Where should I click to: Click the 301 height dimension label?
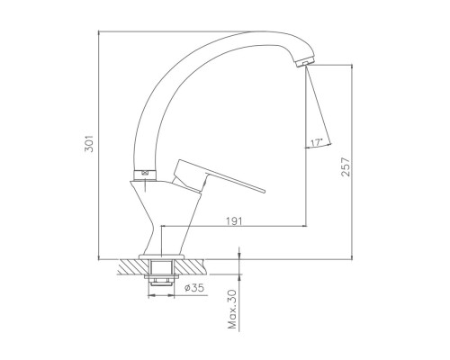(x=89, y=143)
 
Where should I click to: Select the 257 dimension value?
(x=346, y=167)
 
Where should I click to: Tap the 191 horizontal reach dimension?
(x=234, y=221)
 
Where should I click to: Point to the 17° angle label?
(x=316, y=142)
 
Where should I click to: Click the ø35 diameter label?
(x=194, y=288)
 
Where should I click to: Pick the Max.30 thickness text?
(x=232, y=309)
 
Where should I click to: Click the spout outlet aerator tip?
(x=305, y=62)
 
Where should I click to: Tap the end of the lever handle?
(x=264, y=191)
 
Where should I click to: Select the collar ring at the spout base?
(x=145, y=175)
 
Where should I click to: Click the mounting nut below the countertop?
(x=162, y=281)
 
